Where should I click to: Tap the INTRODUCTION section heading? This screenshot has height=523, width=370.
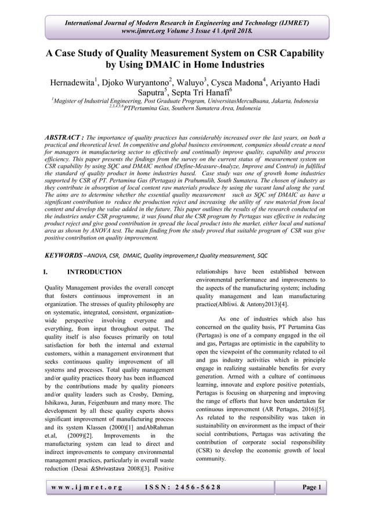pyautogui.click(x=95, y=271)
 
